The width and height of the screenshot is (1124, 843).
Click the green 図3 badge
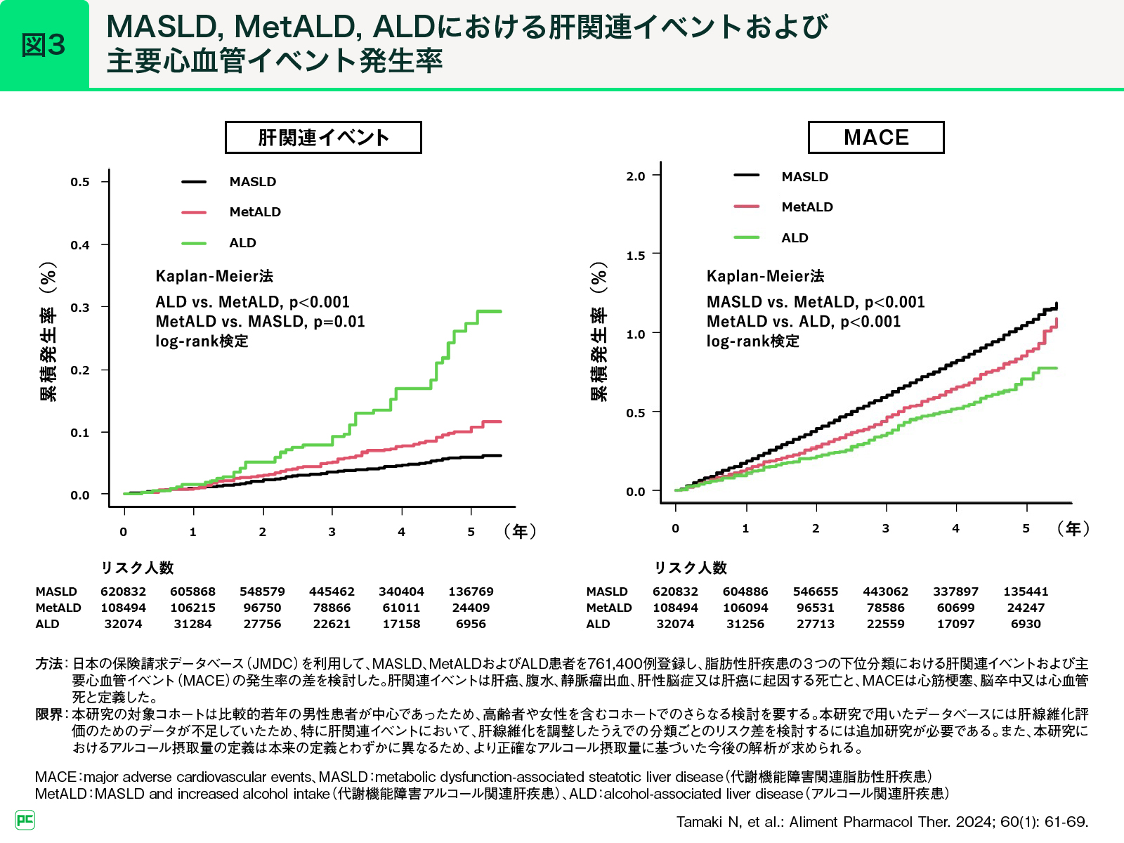click(44, 45)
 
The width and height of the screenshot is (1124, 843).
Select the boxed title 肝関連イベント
click(323, 138)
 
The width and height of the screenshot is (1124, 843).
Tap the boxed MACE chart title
click(876, 138)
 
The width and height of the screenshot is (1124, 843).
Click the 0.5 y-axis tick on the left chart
click(80, 182)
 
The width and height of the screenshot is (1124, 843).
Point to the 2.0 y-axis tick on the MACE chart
click(636, 176)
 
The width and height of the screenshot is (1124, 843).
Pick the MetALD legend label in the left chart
click(255, 212)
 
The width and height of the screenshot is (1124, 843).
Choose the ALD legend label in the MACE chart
click(795, 238)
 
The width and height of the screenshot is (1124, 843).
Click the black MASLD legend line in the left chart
click(194, 182)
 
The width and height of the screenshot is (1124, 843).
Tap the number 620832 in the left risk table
click(123, 592)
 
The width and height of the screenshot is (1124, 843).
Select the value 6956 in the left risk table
click(471, 624)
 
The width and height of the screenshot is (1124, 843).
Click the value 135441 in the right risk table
click(1026, 592)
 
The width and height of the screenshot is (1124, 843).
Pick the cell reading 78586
click(885, 608)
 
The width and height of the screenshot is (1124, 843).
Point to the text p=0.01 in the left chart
click(339, 322)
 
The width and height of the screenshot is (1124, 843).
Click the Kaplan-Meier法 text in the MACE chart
click(765, 276)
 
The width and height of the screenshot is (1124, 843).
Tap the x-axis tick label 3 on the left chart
click(332, 532)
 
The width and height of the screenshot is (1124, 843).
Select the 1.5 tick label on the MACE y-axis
click(636, 256)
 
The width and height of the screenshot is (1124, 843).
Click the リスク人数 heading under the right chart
click(691, 568)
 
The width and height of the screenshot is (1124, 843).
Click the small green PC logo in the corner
click(25, 820)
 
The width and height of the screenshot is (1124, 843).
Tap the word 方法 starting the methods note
click(49, 664)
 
